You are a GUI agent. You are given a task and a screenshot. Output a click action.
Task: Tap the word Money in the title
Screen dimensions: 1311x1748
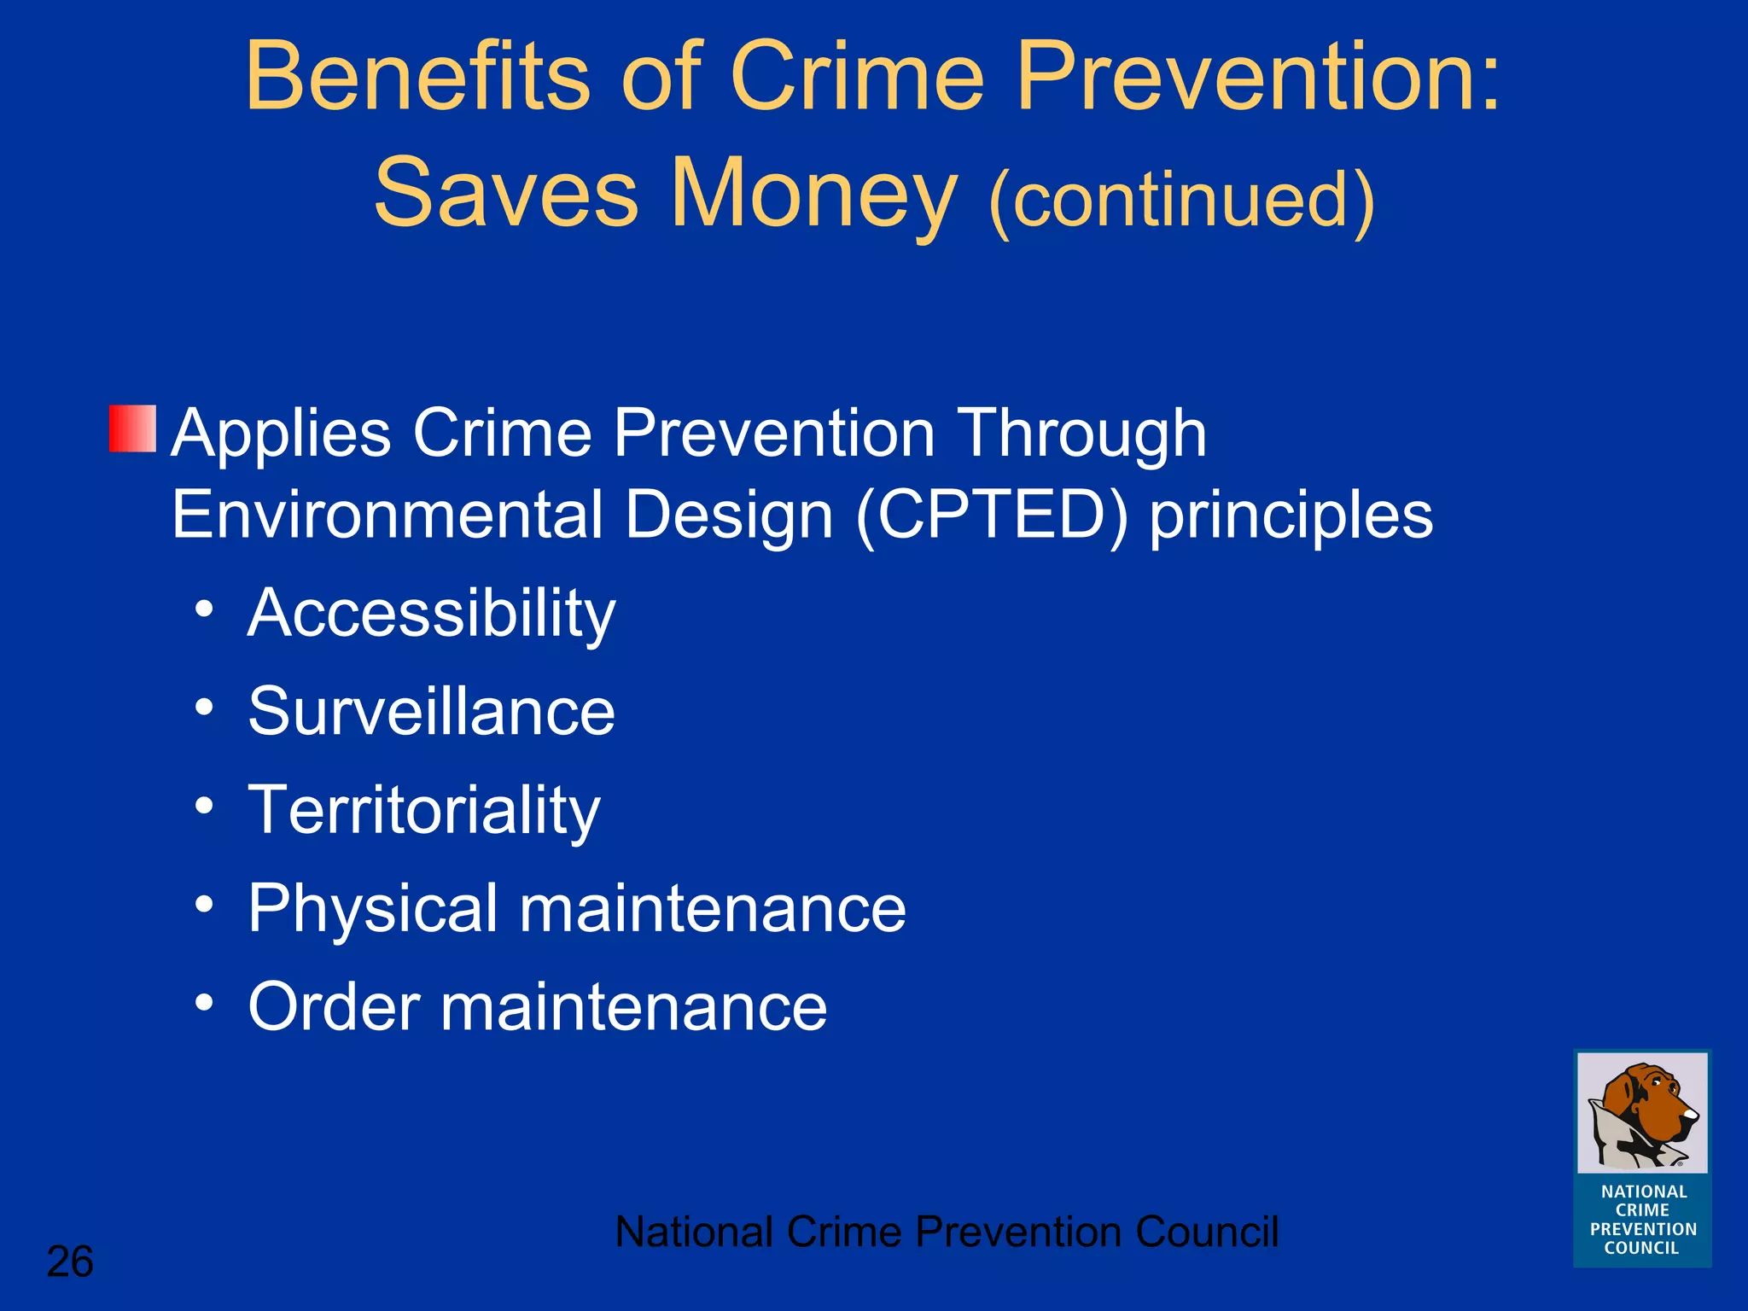click(814, 195)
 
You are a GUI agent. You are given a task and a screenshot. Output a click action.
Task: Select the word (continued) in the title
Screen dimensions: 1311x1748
click(1181, 200)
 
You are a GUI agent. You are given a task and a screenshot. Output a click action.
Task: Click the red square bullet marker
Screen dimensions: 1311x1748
click(132, 428)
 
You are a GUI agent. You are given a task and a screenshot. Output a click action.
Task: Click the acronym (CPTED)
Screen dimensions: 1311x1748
click(992, 516)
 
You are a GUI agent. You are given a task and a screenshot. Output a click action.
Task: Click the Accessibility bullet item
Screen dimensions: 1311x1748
click(431, 615)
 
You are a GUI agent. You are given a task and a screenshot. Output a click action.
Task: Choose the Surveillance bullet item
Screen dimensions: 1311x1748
click(431, 712)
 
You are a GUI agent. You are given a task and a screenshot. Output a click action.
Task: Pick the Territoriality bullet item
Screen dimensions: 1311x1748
click(424, 811)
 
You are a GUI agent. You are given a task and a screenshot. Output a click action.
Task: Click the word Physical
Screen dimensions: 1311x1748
click(373, 910)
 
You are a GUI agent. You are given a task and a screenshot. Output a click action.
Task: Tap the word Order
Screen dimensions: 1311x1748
click(334, 1007)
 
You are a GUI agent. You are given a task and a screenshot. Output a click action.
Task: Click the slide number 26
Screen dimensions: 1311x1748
click(70, 1261)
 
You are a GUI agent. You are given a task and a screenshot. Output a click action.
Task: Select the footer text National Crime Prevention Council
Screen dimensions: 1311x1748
click(947, 1232)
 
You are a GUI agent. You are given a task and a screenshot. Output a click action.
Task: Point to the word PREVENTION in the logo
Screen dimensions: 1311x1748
click(1643, 1229)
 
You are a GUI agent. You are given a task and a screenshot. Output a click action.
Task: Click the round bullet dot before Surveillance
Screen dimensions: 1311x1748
click(203, 708)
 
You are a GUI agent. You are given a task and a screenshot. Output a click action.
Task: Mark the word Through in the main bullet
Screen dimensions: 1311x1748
click(1081, 434)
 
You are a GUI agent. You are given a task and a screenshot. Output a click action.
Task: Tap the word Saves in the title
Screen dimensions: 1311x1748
click(506, 195)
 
